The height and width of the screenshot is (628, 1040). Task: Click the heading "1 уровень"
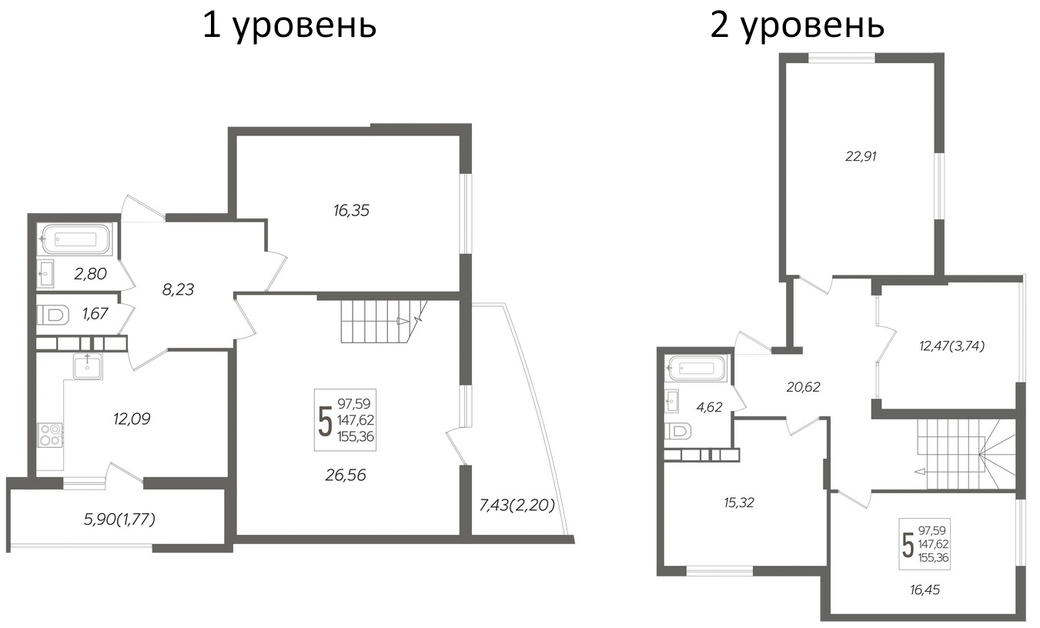pos(289,25)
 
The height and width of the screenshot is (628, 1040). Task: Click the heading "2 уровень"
pos(796,25)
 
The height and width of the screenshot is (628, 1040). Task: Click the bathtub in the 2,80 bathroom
pos(75,239)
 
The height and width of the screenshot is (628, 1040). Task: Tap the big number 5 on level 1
pos(325,420)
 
